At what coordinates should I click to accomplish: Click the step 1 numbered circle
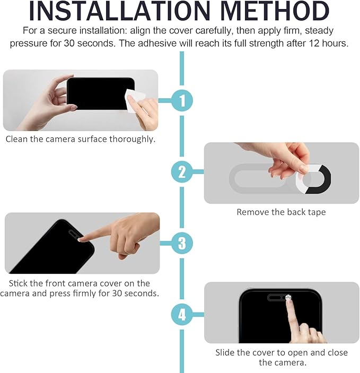pos(182,100)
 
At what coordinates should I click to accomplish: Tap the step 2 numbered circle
pos(182,172)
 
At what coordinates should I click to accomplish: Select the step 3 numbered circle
pos(182,243)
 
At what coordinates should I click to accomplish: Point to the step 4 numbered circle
pos(182,315)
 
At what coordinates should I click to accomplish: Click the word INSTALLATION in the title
pos(120,12)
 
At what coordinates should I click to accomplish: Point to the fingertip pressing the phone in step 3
pos(81,239)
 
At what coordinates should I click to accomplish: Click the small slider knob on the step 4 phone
pos(288,297)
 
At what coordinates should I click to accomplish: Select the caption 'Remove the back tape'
pos(281,212)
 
